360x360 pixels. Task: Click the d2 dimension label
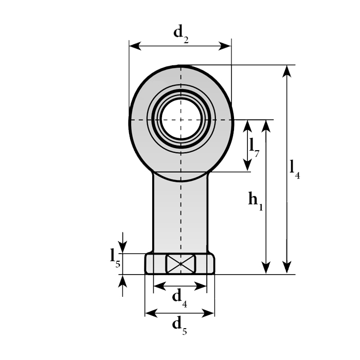click(x=181, y=33)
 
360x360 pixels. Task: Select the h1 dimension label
click(x=255, y=202)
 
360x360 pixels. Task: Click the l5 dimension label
click(x=115, y=259)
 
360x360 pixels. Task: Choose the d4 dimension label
click(x=179, y=298)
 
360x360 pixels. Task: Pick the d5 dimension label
click(x=179, y=326)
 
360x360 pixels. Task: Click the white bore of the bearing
click(x=181, y=119)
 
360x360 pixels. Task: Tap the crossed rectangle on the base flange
click(x=181, y=264)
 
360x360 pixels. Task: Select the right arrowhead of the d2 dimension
click(x=225, y=46)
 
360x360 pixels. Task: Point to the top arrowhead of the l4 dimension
click(x=287, y=71)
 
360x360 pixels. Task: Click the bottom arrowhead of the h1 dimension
click(x=266, y=268)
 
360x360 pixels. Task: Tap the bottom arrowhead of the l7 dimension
click(x=247, y=166)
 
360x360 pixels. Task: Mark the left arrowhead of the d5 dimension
click(x=152, y=313)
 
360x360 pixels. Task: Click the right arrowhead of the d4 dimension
click(x=201, y=286)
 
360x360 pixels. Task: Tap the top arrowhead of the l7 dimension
click(x=247, y=126)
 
